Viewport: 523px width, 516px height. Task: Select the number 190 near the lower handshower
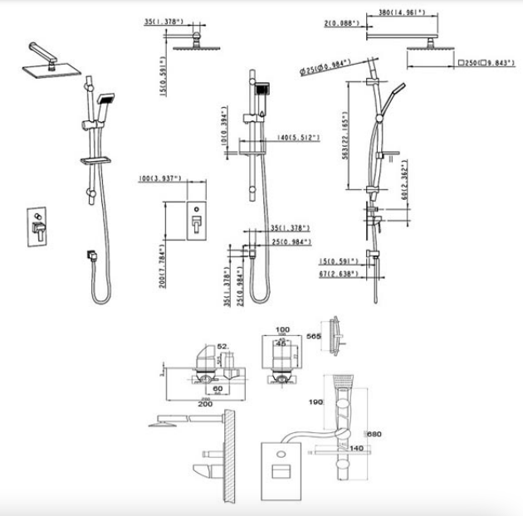(315, 402)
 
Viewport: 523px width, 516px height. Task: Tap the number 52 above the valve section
(222, 347)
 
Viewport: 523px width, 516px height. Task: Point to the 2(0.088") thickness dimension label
(340, 24)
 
